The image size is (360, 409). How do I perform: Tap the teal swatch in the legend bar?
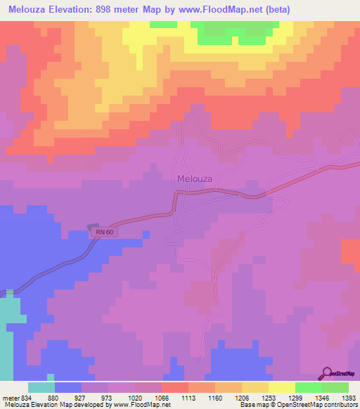pyautogui.click(x=41, y=387)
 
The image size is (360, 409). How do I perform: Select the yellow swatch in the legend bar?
pyautogui.click(x=281, y=387)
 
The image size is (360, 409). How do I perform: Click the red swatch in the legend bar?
pyautogui.click(x=174, y=387)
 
